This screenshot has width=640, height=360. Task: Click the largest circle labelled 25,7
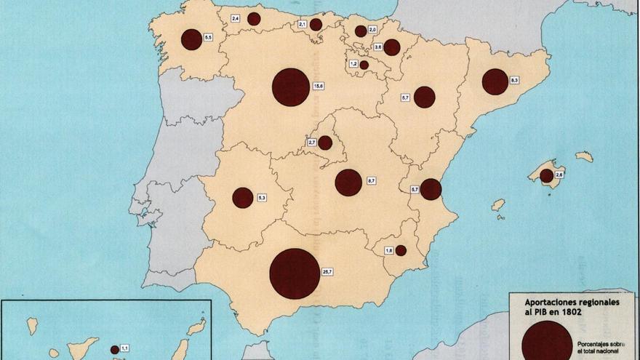[x=295, y=273]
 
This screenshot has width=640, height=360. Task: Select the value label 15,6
[x=318, y=87]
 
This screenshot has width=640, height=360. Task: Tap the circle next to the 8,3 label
[x=495, y=81]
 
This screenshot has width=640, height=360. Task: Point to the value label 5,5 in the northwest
[x=208, y=37]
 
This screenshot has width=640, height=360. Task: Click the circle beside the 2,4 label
[x=254, y=19]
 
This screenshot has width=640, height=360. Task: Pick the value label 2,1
[x=303, y=24]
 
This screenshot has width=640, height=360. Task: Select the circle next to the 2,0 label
[x=361, y=31]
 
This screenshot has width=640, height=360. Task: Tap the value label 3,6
[x=377, y=47]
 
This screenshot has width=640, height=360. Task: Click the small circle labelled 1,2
[x=364, y=65]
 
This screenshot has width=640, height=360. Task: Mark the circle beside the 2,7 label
[x=325, y=143]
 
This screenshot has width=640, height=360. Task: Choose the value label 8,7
[x=371, y=180]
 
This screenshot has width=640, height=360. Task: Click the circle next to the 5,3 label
[x=243, y=197]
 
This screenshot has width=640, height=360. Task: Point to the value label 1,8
[x=388, y=250]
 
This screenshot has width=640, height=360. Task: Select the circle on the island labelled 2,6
[x=546, y=175]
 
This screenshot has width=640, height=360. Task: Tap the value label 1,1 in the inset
[x=124, y=348]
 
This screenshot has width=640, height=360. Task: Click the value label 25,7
[x=327, y=272]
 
